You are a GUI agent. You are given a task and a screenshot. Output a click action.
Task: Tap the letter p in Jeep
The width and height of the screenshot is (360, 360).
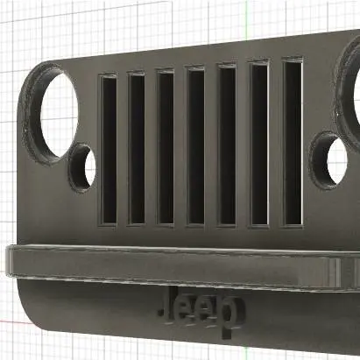click(229, 316)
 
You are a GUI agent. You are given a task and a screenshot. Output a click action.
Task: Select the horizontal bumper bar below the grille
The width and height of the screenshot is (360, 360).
click(175, 265)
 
